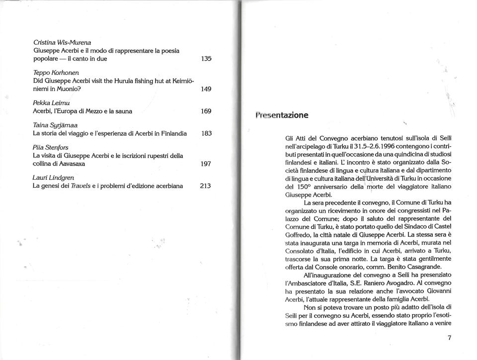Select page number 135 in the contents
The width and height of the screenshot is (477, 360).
206,59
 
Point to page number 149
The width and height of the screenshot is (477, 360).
206,89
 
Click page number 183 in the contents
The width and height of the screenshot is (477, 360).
206,134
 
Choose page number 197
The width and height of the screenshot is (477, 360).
206,165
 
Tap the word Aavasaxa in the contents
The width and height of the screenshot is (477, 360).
73,165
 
